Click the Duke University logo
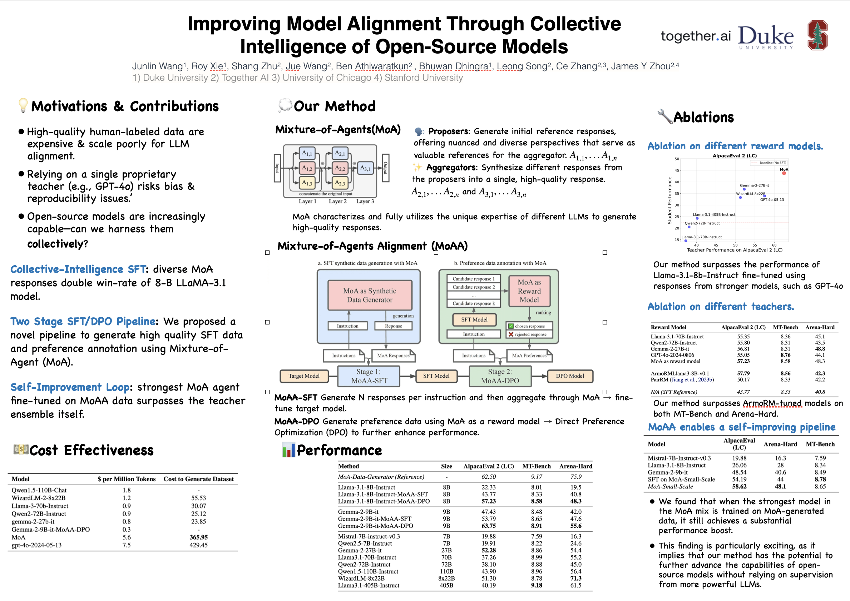(766, 37)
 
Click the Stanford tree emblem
(817, 35)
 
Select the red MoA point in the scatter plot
(784, 173)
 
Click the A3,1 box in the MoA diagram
(365, 168)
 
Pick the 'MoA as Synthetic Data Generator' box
(370, 295)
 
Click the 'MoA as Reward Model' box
(529, 291)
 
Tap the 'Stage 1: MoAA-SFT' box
(369, 376)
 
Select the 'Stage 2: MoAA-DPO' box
(500, 376)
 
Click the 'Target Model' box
(304, 376)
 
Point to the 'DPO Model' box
(570, 376)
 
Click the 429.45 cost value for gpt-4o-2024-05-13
(198, 545)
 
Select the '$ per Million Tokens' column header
(127, 479)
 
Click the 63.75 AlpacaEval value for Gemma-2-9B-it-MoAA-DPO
(489, 526)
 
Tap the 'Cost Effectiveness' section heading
(91, 450)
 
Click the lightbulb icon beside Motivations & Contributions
(23, 105)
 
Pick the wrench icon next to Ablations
(665, 116)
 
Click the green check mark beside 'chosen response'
(511, 326)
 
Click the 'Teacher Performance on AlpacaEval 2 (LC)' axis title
(735, 250)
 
